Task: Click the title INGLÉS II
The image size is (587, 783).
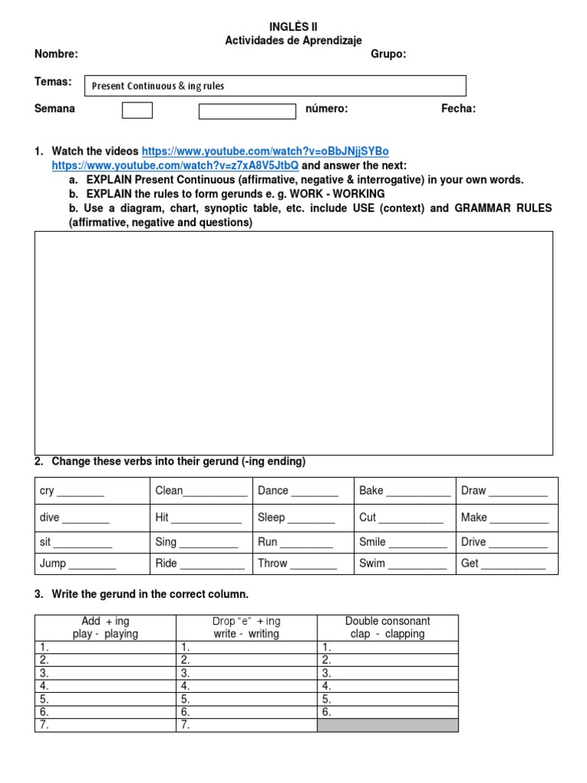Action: (x=293, y=27)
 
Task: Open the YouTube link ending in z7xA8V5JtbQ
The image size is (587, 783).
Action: (x=175, y=165)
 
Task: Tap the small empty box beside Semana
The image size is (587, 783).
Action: (x=138, y=111)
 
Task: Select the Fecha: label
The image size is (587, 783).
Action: (x=458, y=109)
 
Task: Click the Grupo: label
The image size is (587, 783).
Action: (x=388, y=54)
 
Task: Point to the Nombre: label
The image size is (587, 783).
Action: (x=56, y=54)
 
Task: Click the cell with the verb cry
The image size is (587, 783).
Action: (x=92, y=491)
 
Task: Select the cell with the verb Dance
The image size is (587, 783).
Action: (x=303, y=491)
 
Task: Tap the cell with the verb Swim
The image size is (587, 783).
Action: (x=404, y=564)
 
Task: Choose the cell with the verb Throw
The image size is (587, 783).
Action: (x=303, y=564)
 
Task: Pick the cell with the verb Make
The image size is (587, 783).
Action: (x=507, y=518)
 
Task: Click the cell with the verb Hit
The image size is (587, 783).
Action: (x=200, y=518)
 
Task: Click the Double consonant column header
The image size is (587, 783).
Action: (x=388, y=628)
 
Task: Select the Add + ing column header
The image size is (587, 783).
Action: (x=105, y=628)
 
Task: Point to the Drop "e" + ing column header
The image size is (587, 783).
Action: (x=246, y=628)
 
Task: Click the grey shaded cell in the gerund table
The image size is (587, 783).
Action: (x=388, y=725)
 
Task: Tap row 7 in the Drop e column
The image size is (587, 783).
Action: (x=246, y=725)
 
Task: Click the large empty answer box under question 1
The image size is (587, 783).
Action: (x=293, y=343)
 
